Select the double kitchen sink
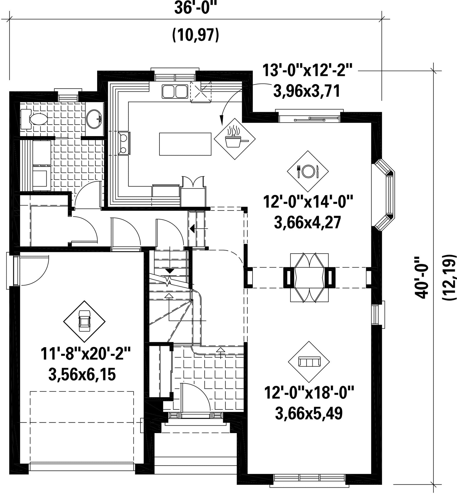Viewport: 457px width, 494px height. (175, 91)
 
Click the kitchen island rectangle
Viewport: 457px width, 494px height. (185, 144)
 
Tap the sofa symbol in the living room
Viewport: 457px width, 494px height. (309, 362)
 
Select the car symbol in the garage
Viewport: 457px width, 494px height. (84, 321)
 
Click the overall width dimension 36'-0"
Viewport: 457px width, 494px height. (195, 8)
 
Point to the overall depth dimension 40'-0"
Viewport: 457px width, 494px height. (422, 277)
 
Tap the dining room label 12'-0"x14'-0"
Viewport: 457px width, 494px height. (308, 202)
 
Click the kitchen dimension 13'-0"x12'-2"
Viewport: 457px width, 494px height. (307, 70)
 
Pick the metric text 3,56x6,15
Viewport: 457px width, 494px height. (82, 375)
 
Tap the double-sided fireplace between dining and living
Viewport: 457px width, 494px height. (309, 277)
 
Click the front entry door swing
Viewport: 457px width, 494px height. (196, 398)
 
